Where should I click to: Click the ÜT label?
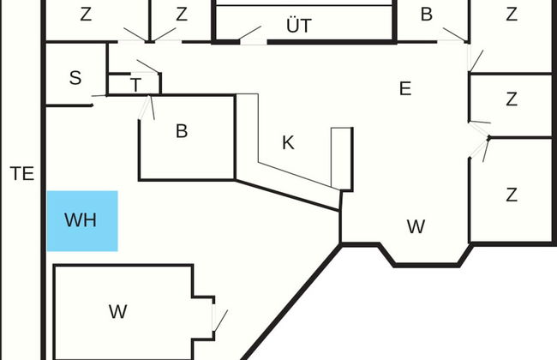coord(298,27)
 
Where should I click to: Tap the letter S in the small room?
coord(75,78)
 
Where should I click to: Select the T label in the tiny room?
coord(135,84)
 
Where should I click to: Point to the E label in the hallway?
coord(405,88)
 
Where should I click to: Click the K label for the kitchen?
coord(288,143)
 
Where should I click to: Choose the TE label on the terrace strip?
coord(22,174)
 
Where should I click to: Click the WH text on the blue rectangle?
coord(81,220)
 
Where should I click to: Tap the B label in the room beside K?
coord(181,131)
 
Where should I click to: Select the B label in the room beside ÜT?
coord(426,15)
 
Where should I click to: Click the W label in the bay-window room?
coord(416,227)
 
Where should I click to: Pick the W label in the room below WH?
coord(118,312)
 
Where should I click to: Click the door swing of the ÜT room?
coord(250,33)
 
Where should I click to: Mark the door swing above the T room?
coord(147,66)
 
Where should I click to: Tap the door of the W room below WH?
coord(219,321)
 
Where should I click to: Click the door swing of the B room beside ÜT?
coord(454,35)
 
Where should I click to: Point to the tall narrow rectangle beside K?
coord(341,159)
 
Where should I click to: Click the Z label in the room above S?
coord(86,15)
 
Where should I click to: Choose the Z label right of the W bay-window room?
coord(512,195)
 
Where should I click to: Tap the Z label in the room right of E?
coord(512,99)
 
